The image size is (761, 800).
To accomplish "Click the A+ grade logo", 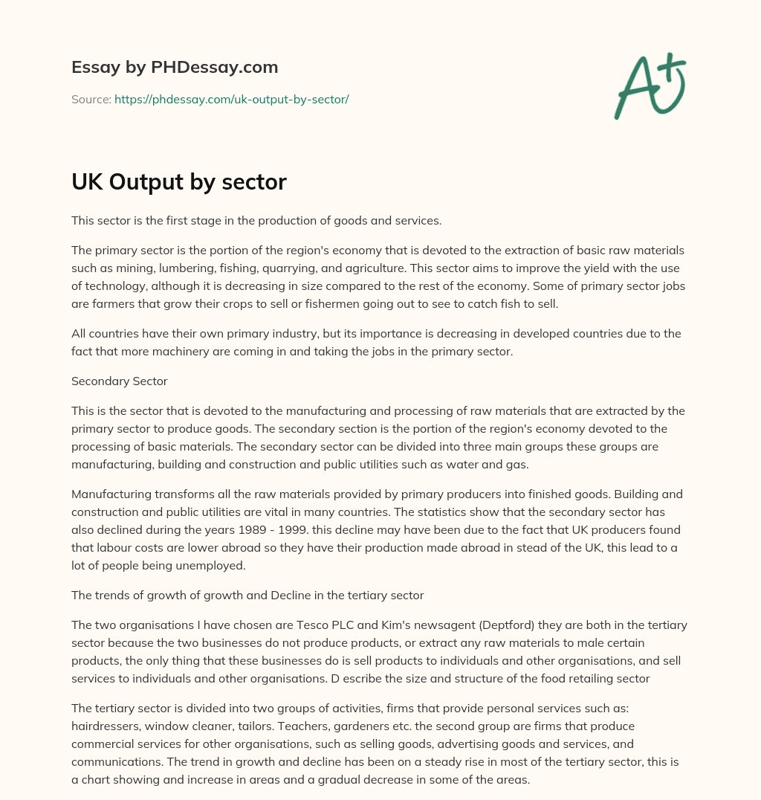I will point(650,86).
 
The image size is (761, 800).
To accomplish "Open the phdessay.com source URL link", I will point(231,99).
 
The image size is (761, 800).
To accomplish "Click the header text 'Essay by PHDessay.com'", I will point(175,67).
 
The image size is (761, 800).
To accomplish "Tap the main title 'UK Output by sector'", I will point(178,181).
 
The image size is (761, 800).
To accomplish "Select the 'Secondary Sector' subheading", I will point(119,381).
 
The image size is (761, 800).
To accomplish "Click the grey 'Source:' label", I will point(91,99).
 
